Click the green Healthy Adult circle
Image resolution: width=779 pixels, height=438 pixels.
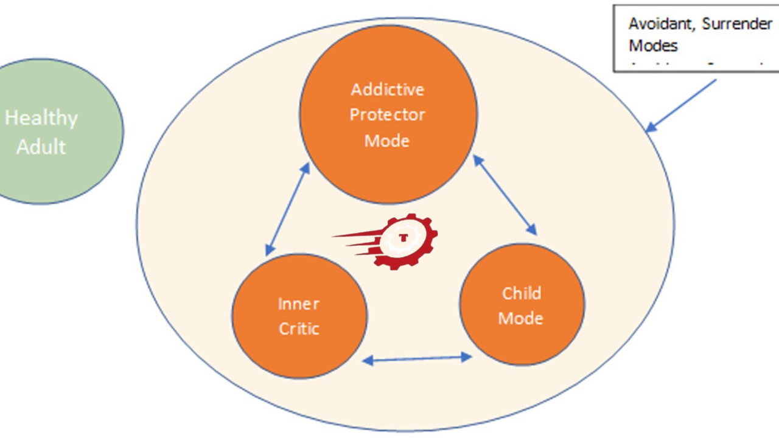55,131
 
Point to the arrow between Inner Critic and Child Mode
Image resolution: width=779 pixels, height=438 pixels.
417,359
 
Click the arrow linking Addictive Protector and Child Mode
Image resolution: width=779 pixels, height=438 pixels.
505,195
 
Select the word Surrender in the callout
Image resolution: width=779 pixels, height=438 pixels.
739,24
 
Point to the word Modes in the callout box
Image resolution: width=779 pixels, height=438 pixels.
653,46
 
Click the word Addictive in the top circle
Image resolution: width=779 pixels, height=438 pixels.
388,89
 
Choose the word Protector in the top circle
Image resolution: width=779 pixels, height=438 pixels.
388,115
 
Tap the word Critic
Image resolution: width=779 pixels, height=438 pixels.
299,328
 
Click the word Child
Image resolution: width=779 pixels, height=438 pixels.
522,293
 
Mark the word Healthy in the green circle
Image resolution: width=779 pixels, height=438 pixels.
41,117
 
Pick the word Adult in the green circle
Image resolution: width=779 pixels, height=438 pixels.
41,147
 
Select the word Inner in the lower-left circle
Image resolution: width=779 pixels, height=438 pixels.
299,303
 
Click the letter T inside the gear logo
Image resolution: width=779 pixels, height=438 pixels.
403,237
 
